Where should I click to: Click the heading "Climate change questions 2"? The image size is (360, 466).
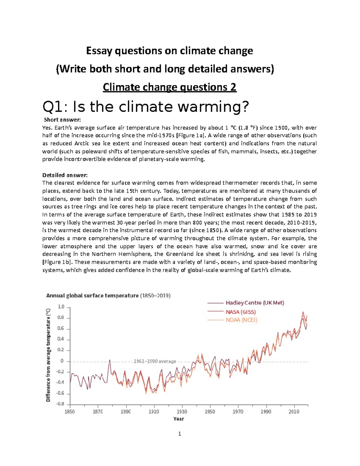(x=169, y=87)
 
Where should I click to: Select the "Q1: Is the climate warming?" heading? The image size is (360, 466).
(x=146, y=107)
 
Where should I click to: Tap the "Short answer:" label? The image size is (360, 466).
(x=62, y=120)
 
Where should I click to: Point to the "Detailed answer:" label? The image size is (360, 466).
(x=65, y=175)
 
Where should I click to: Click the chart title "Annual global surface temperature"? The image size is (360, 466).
(x=92, y=296)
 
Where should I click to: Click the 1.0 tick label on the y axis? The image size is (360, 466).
(x=61, y=307)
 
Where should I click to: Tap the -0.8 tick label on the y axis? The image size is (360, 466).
(x=60, y=404)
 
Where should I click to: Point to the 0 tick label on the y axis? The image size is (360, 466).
(x=62, y=361)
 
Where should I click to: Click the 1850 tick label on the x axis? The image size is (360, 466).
(x=70, y=412)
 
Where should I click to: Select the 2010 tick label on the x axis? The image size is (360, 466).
(x=294, y=412)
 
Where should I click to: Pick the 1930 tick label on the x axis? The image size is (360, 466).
(x=182, y=412)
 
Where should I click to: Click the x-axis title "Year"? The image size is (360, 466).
(x=178, y=419)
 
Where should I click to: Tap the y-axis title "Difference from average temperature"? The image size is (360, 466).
(x=48, y=355)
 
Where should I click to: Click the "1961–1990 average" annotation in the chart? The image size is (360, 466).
(x=155, y=361)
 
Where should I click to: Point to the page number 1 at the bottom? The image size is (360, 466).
(x=179, y=434)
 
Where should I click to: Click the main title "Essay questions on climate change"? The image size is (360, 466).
(x=169, y=51)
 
